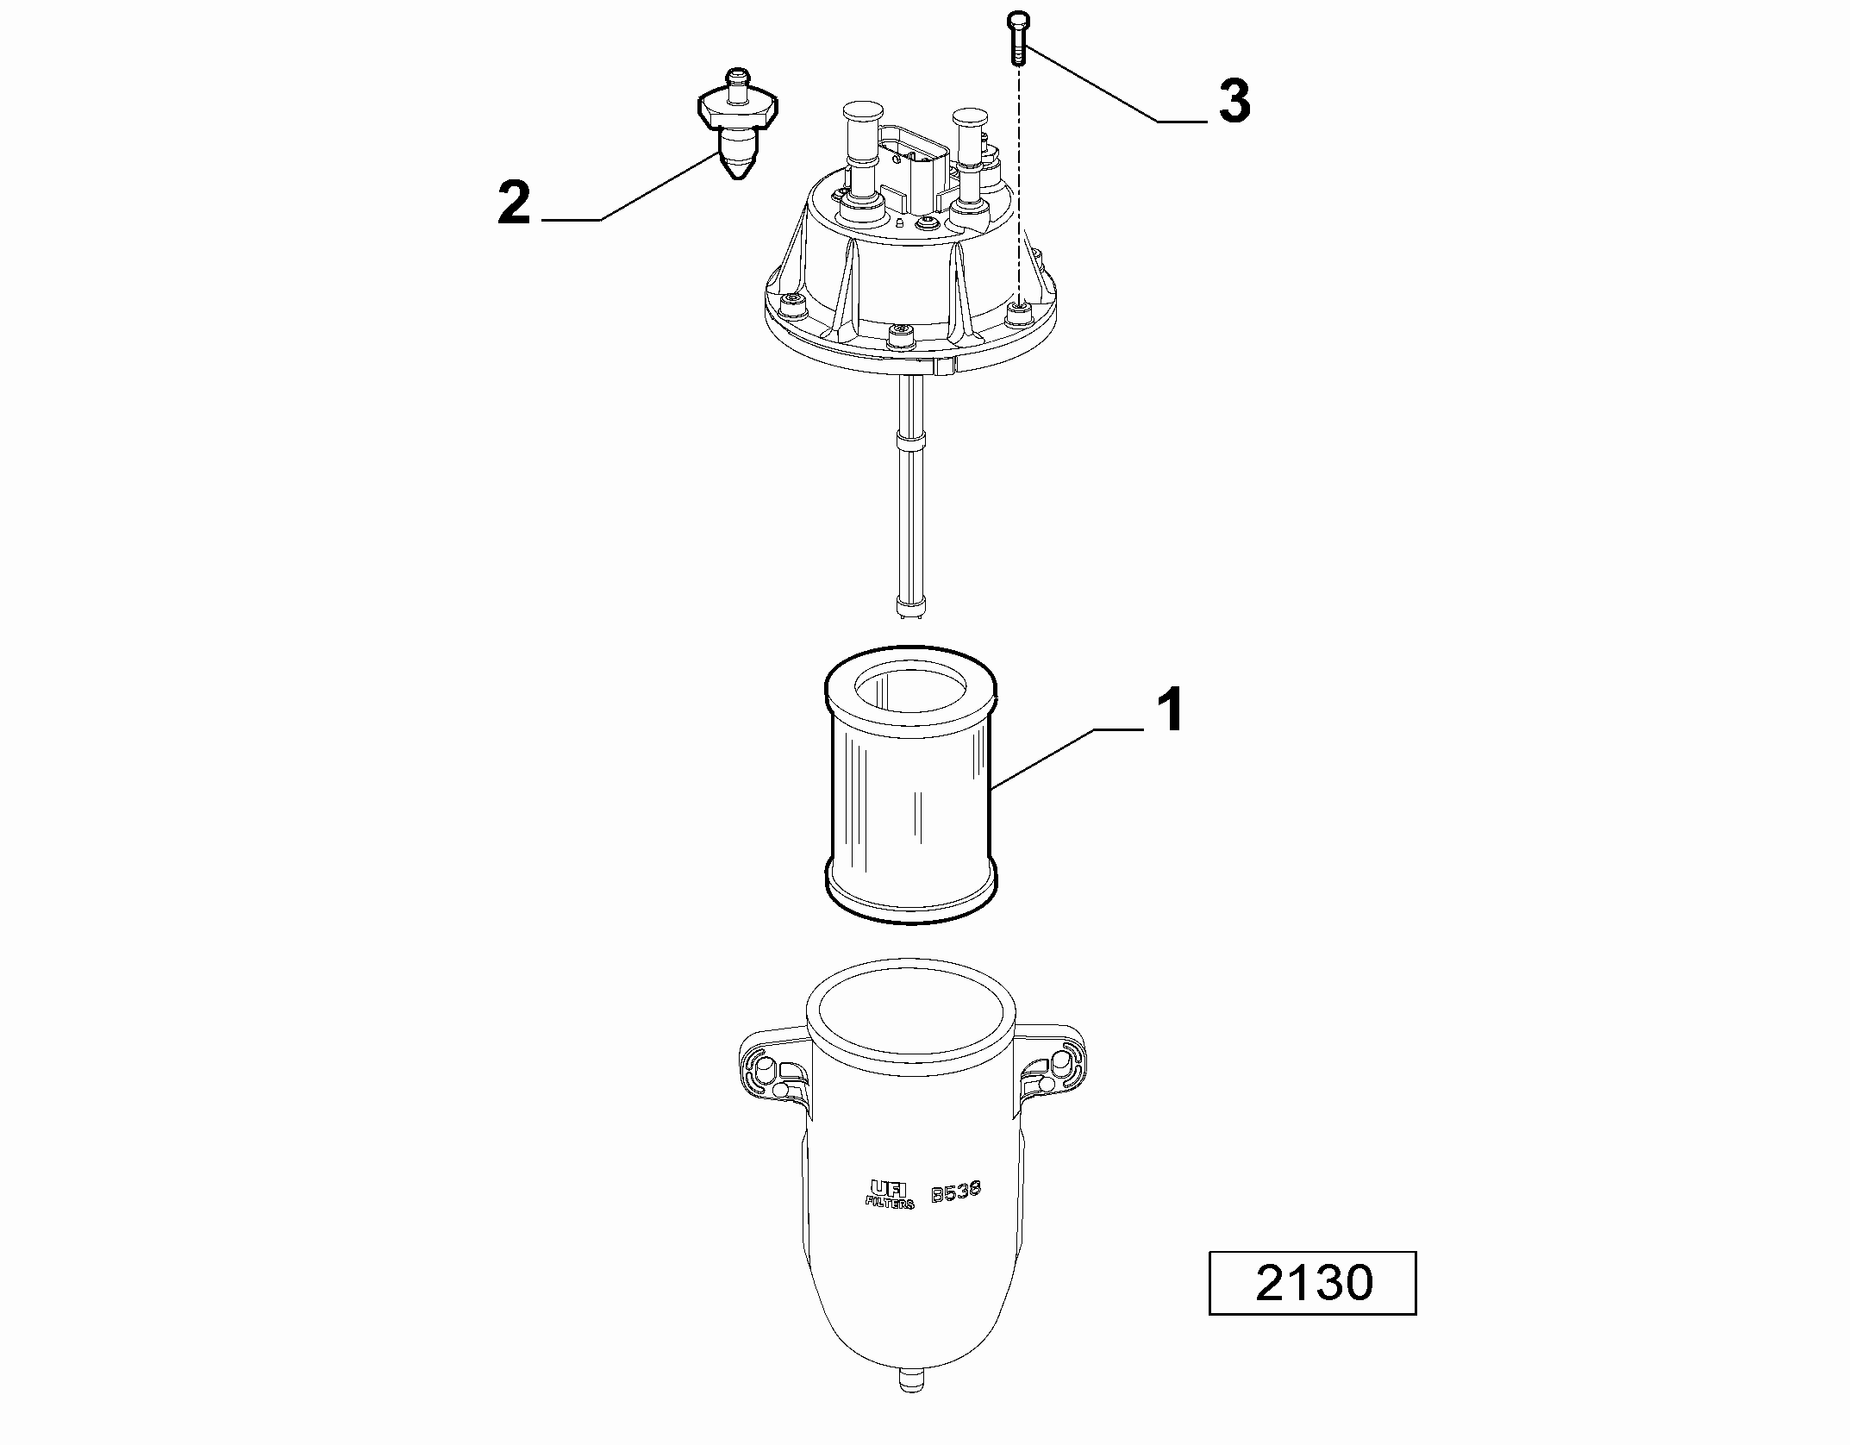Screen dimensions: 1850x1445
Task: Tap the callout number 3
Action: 1234,102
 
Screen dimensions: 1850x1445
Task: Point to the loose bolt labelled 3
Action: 1018,38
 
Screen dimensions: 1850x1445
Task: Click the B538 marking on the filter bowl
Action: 956,1192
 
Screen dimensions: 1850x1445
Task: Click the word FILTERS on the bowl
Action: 889,1201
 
